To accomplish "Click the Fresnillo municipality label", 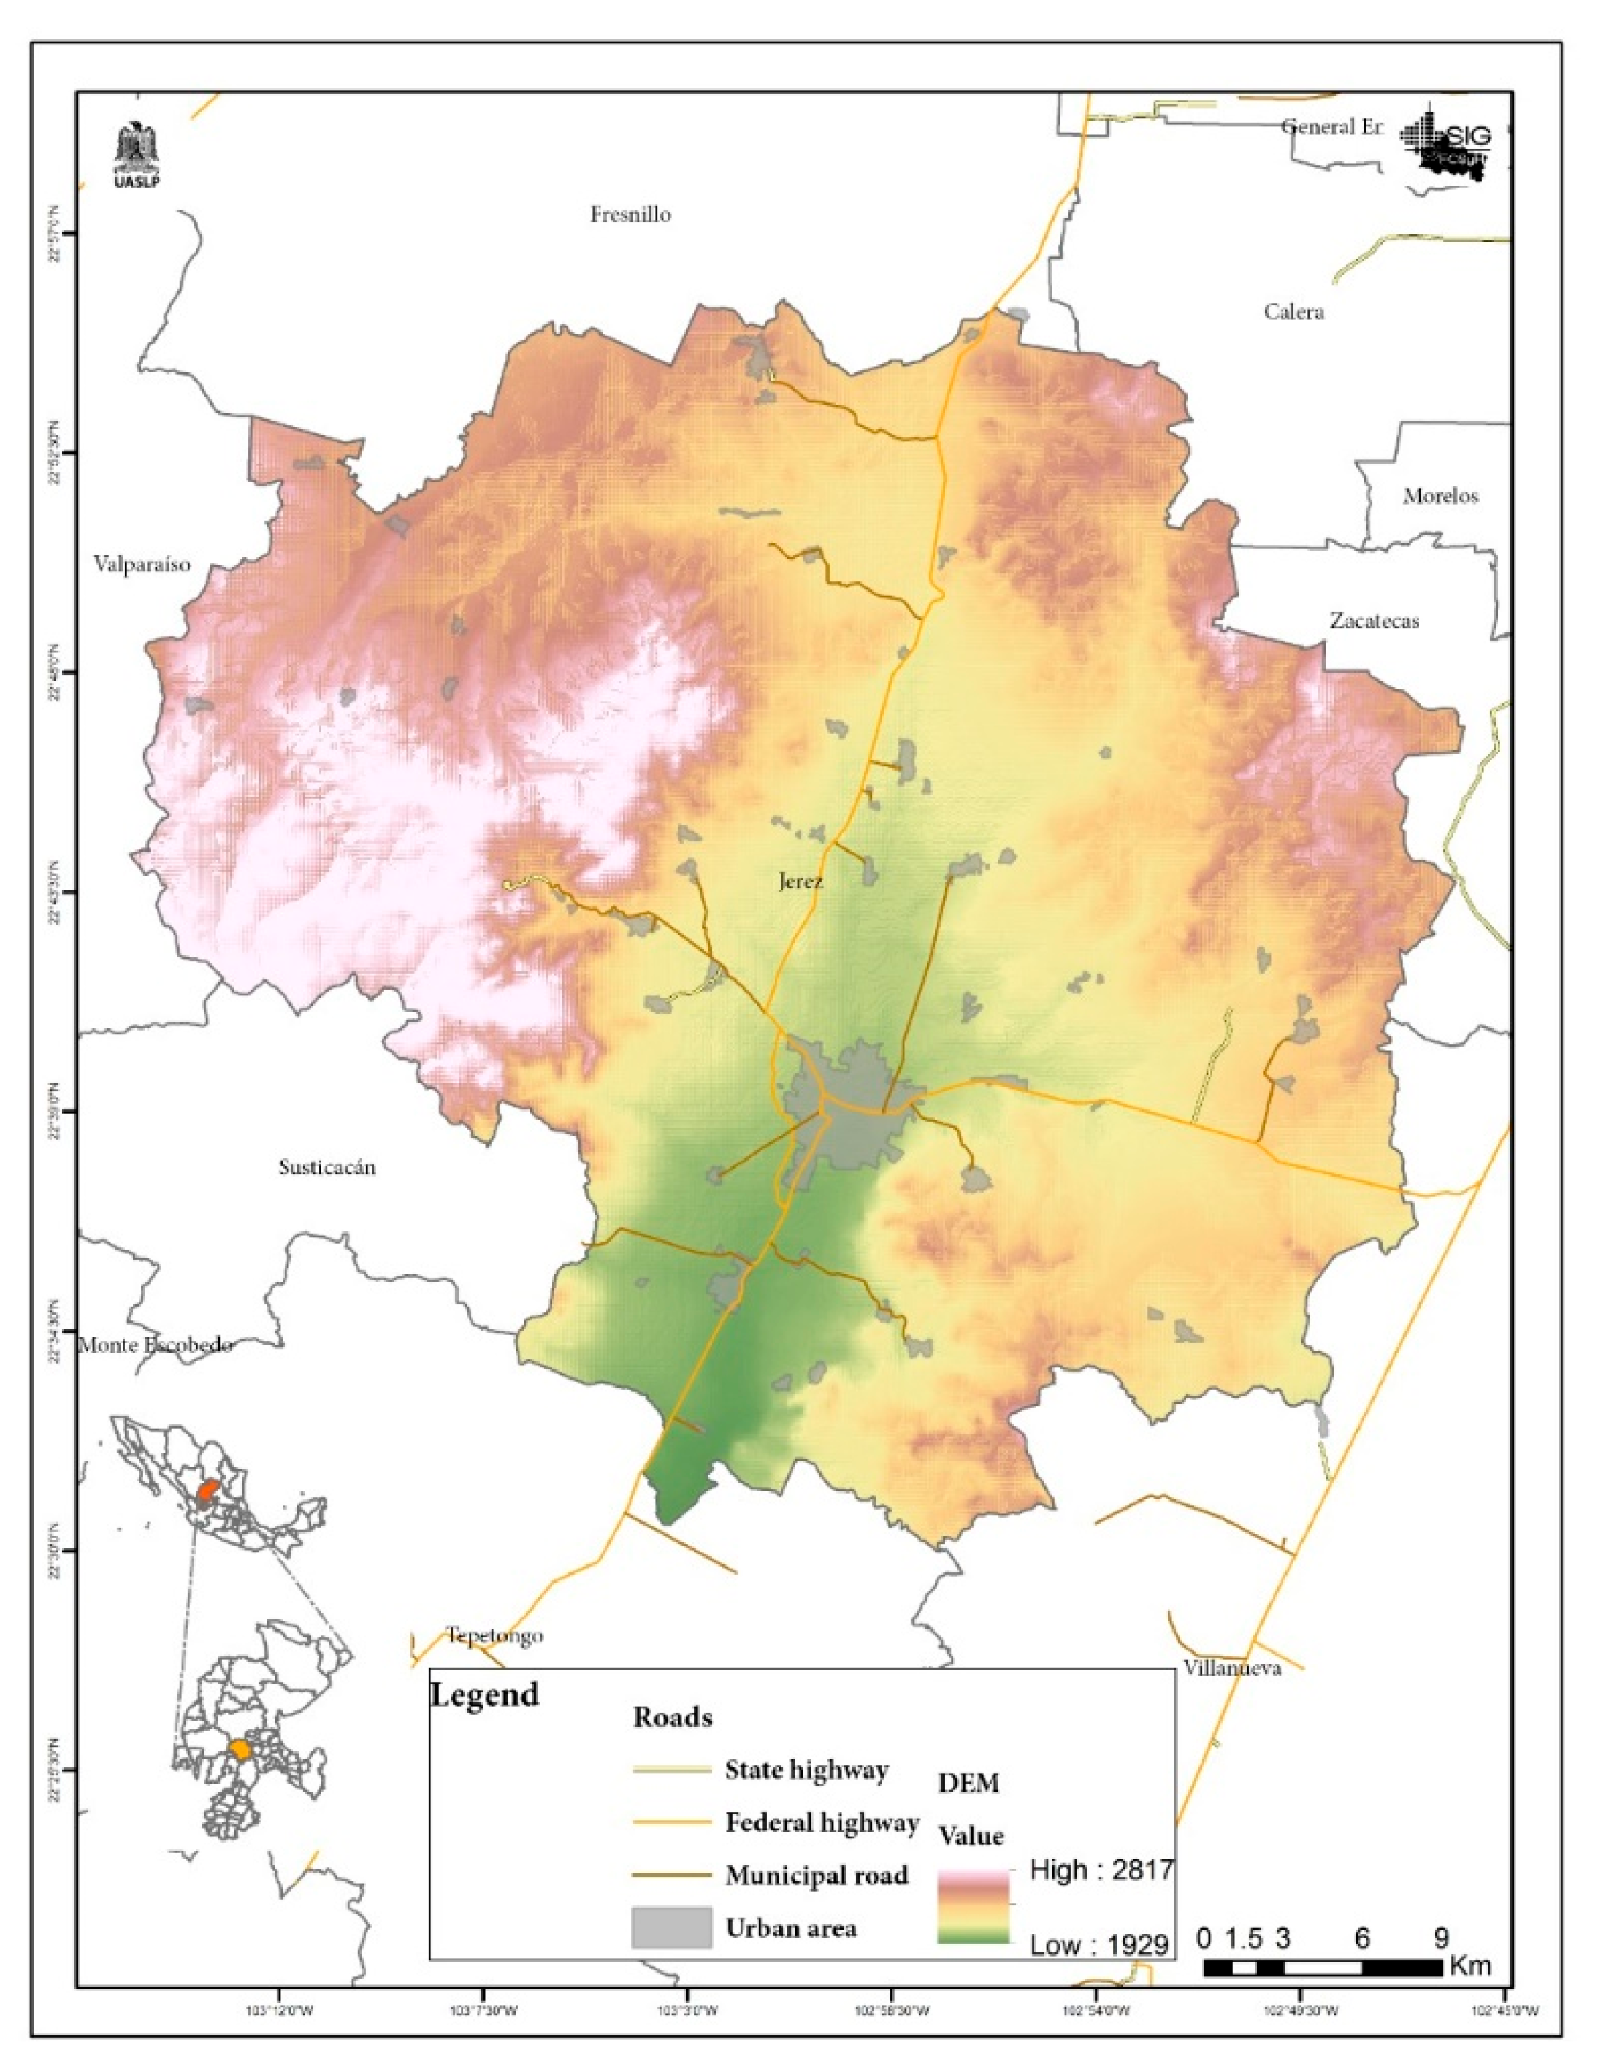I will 630,215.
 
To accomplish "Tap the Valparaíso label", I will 142,565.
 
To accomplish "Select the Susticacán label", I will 327,1167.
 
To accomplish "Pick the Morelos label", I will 1440,496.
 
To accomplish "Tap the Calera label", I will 1293,312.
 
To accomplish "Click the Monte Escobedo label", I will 156,1345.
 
